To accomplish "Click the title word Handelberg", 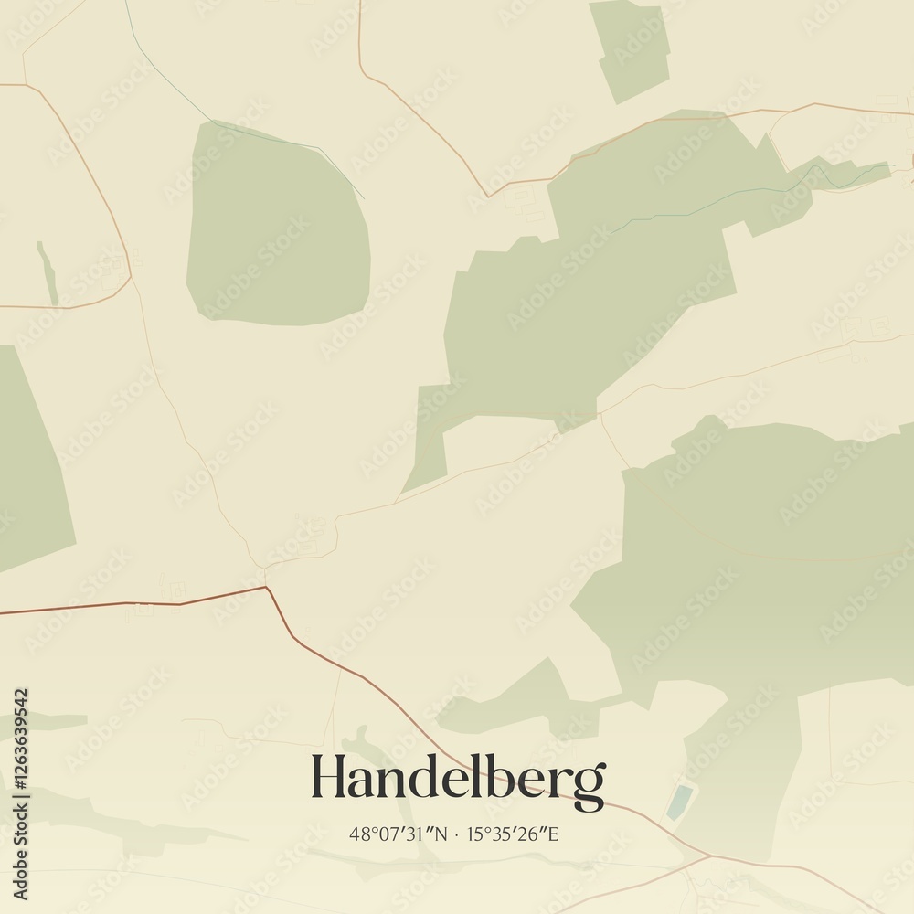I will tap(457, 779).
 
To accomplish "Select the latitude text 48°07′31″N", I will tap(399, 834).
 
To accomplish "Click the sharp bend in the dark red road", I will tap(266, 588).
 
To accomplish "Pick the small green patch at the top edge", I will tap(631, 50).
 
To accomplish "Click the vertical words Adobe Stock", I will tap(20, 850).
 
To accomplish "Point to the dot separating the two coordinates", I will tap(457, 834).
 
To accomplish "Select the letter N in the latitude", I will tap(442, 834).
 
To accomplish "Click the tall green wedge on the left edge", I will tap(27, 457).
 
